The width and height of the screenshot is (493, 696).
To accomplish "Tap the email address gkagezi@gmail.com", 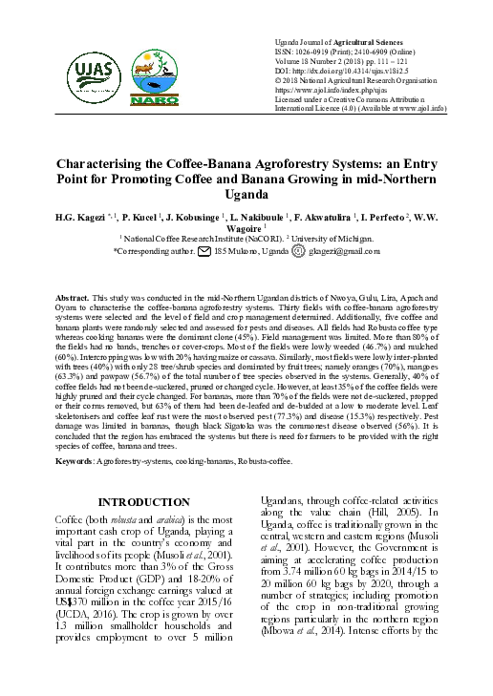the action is (x=343, y=251).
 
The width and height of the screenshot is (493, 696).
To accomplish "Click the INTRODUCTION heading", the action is (x=146, y=504).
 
